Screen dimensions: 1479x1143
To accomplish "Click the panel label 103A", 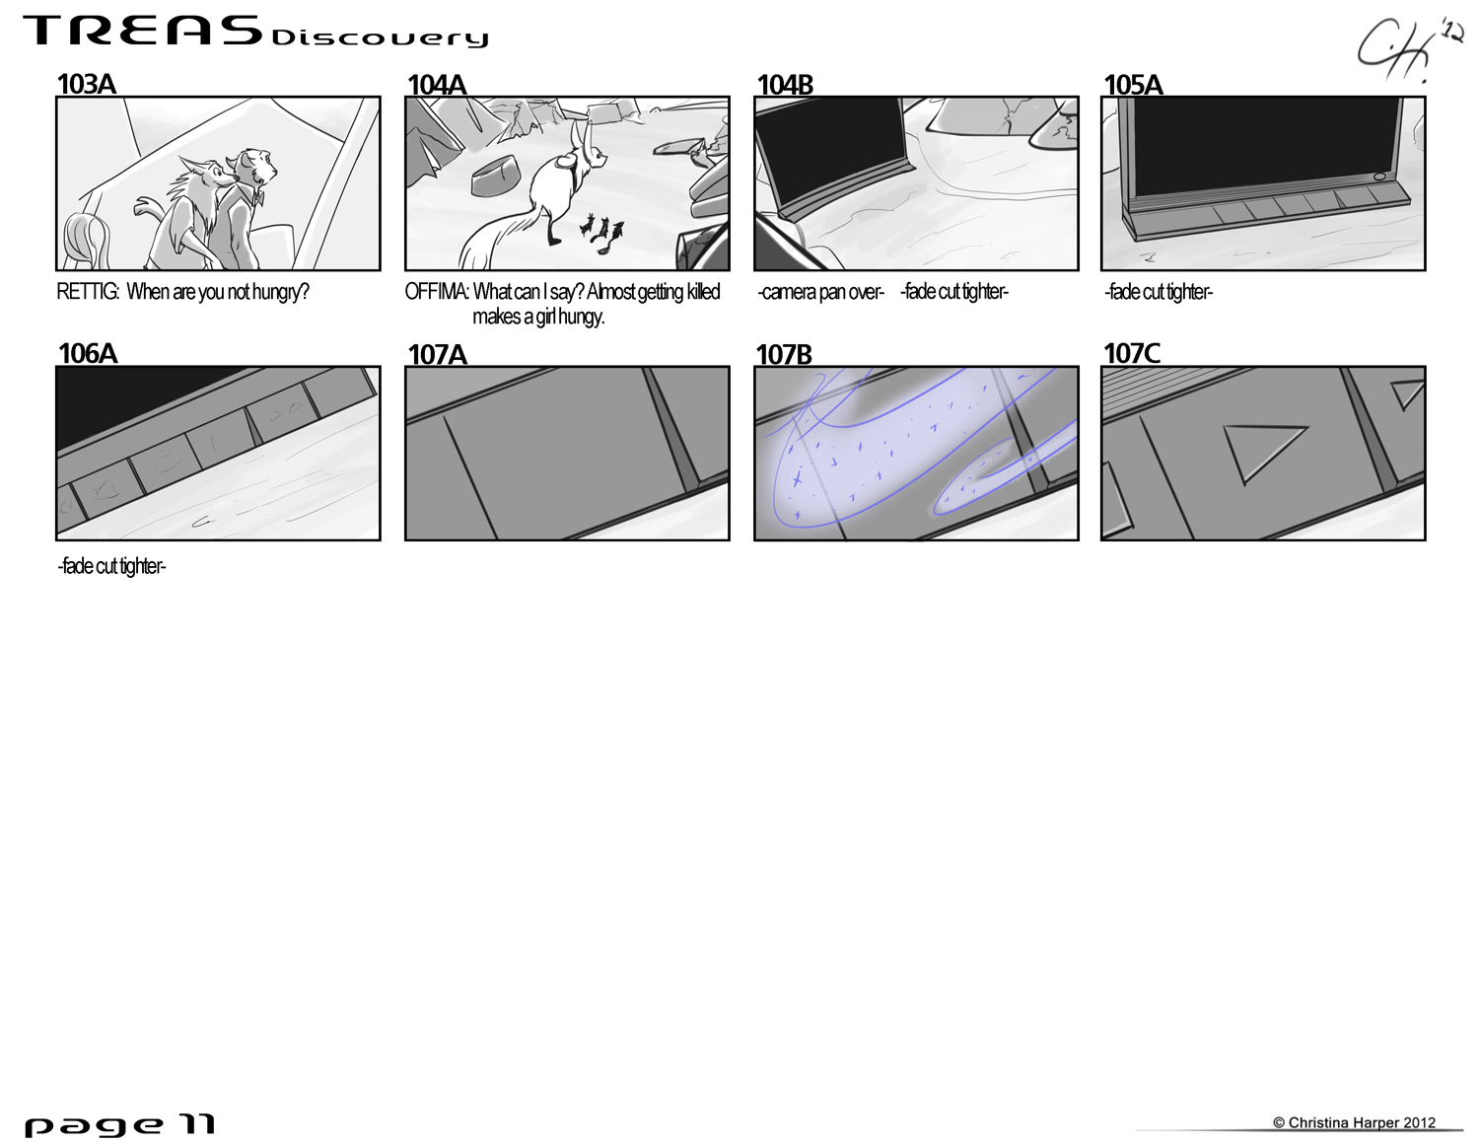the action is tap(87, 85).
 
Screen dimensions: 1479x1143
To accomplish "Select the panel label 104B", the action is tap(785, 85).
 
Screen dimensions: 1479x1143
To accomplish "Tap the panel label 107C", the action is tap(1131, 353).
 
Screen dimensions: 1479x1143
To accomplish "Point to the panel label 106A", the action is tap(88, 354).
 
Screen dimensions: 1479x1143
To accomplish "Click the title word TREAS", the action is tap(143, 32).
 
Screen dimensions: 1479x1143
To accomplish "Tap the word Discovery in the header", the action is tap(380, 38).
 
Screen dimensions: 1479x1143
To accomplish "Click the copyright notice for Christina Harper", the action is tap(1354, 1122).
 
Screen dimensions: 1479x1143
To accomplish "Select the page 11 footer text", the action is tap(119, 1125).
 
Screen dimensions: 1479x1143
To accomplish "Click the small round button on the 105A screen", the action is tap(1379, 177).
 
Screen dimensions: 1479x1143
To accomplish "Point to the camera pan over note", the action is tap(820, 292).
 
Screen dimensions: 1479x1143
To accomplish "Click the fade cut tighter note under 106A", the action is tap(111, 566).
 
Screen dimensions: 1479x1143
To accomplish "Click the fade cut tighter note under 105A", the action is tap(1159, 292).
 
